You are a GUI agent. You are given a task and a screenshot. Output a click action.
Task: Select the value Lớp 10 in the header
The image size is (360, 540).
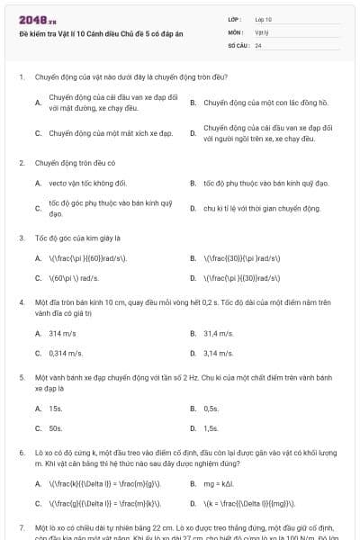point(263,19)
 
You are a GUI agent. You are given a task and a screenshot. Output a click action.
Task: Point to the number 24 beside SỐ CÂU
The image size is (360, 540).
point(258,44)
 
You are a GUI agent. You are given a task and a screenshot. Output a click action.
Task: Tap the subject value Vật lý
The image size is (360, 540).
point(262,31)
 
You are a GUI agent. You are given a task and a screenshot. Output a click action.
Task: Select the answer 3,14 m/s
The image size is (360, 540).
point(218,354)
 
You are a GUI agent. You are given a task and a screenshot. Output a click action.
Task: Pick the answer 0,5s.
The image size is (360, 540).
point(211,408)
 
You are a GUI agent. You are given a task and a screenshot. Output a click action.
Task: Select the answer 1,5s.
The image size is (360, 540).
point(211,428)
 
